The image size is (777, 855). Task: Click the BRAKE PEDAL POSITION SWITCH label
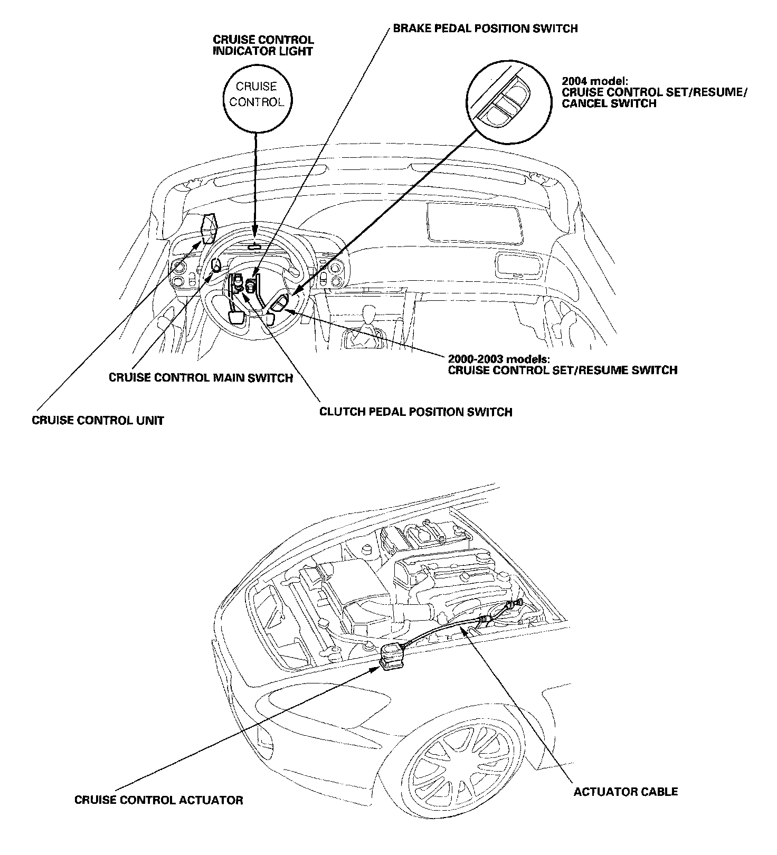coord(485,28)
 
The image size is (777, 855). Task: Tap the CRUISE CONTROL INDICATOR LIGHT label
coord(263,45)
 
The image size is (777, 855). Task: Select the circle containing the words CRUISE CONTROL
coord(257,94)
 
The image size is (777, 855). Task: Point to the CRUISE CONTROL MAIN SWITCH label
coord(201,378)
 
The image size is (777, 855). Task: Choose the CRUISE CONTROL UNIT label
coord(98,421)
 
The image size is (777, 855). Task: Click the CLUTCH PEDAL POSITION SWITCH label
coord(415,412)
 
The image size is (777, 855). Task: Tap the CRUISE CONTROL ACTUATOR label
coord(159,800)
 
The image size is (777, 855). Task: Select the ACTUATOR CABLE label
coord(626,791)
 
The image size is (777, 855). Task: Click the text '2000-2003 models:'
coord(499,359)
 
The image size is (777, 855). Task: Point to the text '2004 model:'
coord(594,81)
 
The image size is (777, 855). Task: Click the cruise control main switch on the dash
coord(216,264)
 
